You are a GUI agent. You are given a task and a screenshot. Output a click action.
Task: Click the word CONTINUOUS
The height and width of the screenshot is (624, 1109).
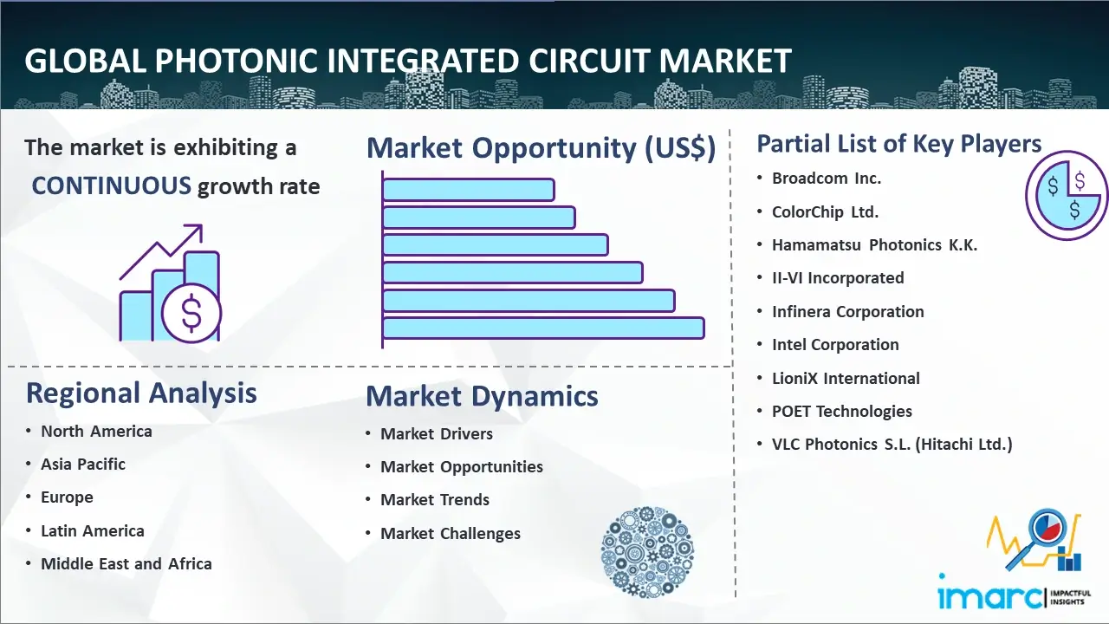pyautogui.click(x=112, y=186)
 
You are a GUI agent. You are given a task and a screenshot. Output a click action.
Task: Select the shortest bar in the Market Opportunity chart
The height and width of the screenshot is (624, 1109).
pyautogui.click(x=469, y=190)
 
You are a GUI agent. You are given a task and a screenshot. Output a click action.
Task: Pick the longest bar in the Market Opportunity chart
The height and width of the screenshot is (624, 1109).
pyautogui.click(x=543, y=328)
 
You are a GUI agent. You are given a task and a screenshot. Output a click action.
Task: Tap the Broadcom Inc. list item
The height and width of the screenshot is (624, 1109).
pyautogui.click(x=827, y=179)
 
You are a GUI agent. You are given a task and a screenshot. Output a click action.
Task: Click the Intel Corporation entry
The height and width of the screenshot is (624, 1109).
pyautogui.click(x=835, y=345)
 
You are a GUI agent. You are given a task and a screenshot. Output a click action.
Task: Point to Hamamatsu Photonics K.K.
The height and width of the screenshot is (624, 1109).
pyautogui.click(x=874, y=245)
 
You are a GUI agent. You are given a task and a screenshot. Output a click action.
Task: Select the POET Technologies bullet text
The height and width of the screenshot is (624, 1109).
pyautogui.click(x=841, y=412)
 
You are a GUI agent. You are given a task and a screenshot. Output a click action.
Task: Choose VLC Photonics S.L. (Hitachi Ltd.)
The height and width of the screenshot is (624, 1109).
pyautogui.click(x=892, y=445)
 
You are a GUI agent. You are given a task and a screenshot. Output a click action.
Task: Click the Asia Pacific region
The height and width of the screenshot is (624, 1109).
pyautogui.click(x=82, y=465)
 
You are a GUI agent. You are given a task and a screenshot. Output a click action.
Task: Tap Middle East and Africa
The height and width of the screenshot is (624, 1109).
pyautogui.click(x=126, y=564)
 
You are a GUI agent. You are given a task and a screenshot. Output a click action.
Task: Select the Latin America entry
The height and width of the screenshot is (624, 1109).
pyautogui.click(x=93, y=531)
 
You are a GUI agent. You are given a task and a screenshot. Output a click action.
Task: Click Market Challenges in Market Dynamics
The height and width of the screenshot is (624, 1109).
pyautogui.click(x=450, y=533)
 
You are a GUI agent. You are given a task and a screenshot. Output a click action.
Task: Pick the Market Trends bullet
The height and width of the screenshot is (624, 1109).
pyautogui.click(x=435, y=500)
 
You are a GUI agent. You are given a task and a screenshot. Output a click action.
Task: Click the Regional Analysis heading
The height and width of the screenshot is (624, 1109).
pyautogui.click(x=141, y=393)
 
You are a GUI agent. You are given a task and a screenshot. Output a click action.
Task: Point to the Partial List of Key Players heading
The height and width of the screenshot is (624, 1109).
pyautogui.click(x=899, y=144)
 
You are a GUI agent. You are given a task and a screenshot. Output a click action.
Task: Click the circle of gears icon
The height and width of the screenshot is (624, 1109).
pyautogui.click(x=647, y=552)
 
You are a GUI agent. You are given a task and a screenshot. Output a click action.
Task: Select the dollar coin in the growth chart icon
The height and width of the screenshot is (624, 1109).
pyautogui.click(x=191, y=313)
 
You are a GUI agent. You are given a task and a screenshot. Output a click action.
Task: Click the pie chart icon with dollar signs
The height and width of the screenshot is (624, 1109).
pyautogui.click(x=1067, y=195)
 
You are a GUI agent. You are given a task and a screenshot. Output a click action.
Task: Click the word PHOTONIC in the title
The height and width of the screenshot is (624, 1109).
pyautogui.click(x=237, y=61)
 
